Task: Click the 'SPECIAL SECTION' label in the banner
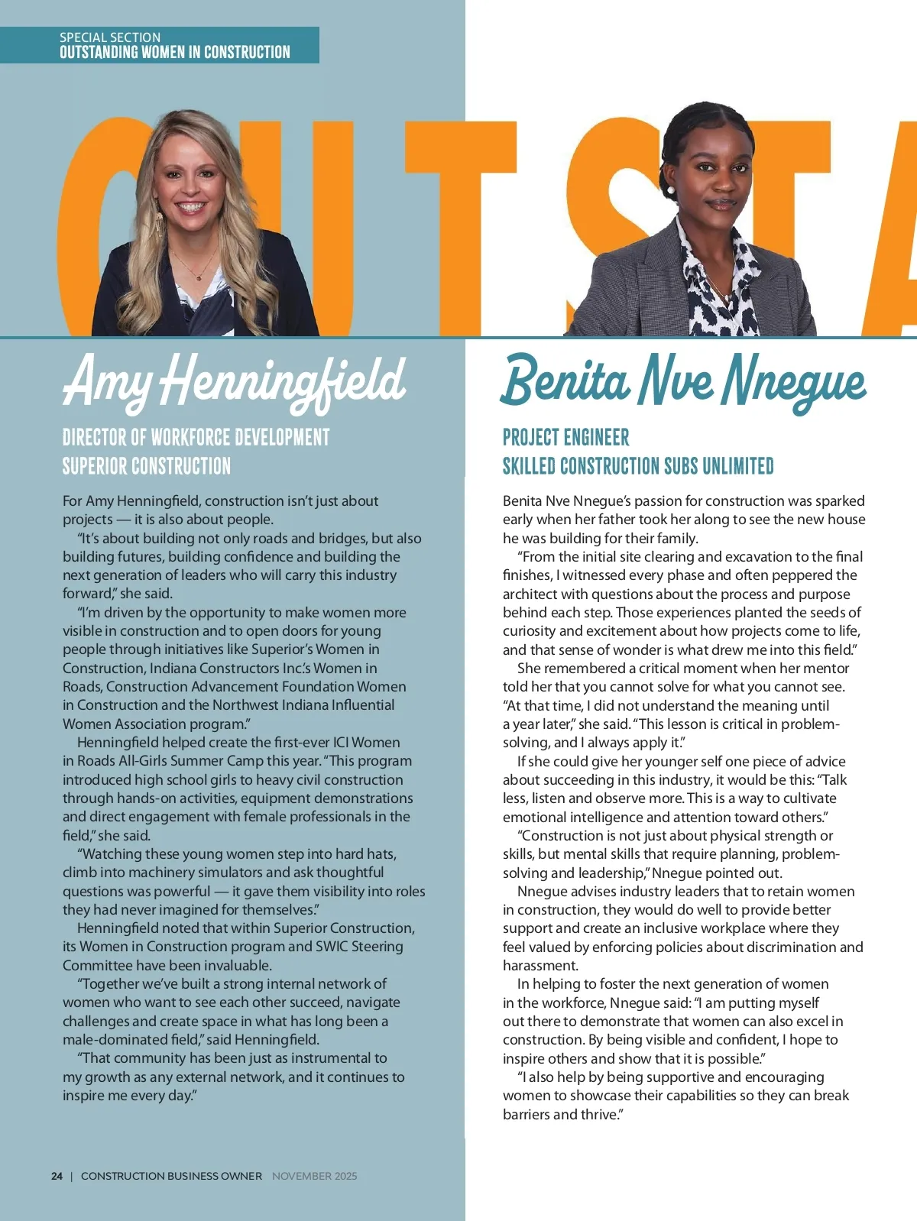(110, 37)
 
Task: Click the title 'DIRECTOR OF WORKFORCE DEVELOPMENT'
(196, 438)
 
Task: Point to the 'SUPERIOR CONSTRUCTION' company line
(147, 466)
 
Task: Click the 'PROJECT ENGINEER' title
(566, 438)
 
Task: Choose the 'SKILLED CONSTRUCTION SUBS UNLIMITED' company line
(638, 466)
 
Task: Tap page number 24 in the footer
(57, 1176)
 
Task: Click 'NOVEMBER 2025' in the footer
(314, 1176)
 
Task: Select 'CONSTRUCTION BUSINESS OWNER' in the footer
(171, 1176)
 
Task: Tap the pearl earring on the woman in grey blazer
(670, 189)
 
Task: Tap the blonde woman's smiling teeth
(191, 206)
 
